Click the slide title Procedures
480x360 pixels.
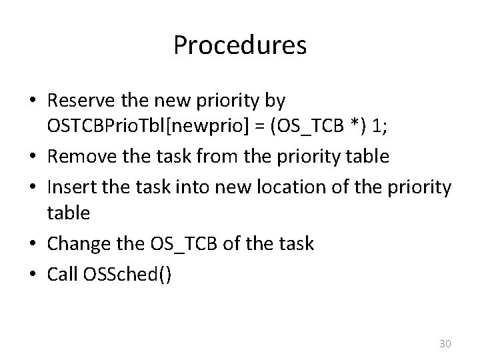(x=239, y=45)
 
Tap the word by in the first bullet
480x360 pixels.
(x=275, y=101)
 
